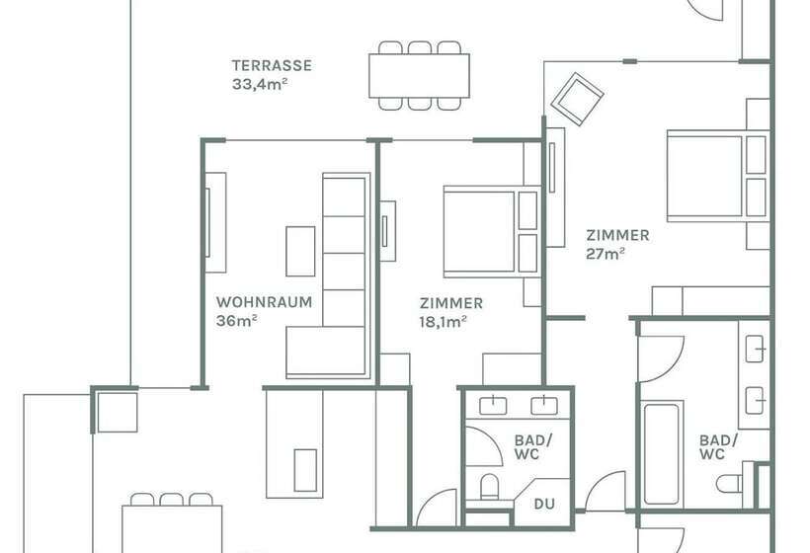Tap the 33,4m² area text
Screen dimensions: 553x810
tap(258, 84)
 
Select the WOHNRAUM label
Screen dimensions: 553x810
tap(264, 303)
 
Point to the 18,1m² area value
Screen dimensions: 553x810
tap(443, 321)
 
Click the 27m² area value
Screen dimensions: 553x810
tap(605, 253)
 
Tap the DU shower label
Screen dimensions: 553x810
tap(544, 504)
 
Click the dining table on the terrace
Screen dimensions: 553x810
tap(419, 75)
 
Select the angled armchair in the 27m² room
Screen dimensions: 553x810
tap(577, 99)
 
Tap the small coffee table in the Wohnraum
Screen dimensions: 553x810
tap(300, 251)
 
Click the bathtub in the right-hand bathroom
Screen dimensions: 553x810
tap(663, 451)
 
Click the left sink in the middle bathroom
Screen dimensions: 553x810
tap(491, 405)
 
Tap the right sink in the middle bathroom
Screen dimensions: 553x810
tap(542, 405)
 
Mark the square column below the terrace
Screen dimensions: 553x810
tap(116, 410)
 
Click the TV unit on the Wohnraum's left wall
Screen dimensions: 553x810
tap(214, 222)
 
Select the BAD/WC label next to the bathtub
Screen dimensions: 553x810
tap(719, 446)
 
